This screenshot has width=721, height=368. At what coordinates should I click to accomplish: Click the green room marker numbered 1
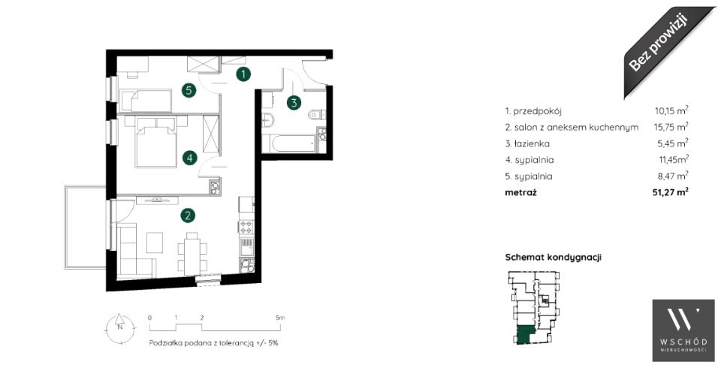point(243,74)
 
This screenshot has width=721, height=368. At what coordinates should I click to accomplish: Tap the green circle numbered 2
point(187,215)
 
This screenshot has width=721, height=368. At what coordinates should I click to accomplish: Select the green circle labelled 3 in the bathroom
point(294,103)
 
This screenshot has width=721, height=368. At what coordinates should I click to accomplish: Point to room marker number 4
point(189,158)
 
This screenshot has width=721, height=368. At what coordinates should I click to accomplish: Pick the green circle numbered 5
point(188,90)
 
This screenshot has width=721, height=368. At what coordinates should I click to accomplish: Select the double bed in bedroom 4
point(155,141)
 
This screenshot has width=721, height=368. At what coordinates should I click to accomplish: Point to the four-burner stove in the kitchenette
point(246,226)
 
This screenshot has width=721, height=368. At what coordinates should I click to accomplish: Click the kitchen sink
point(246,247)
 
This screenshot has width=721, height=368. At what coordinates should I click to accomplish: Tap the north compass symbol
point(119,327)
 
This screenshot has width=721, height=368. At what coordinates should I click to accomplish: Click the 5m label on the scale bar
point(280,318)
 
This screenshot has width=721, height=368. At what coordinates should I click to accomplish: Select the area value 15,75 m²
point(671,127)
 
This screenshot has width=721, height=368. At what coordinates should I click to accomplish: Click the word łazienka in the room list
point(531,143)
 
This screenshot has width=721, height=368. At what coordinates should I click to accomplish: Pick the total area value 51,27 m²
point(670,192)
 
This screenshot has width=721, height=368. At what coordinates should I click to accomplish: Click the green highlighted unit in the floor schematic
point(523,335)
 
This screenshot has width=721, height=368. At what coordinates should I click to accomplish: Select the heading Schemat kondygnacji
point(554,257)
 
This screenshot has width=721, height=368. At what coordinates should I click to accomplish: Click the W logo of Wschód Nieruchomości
point(683,320)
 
